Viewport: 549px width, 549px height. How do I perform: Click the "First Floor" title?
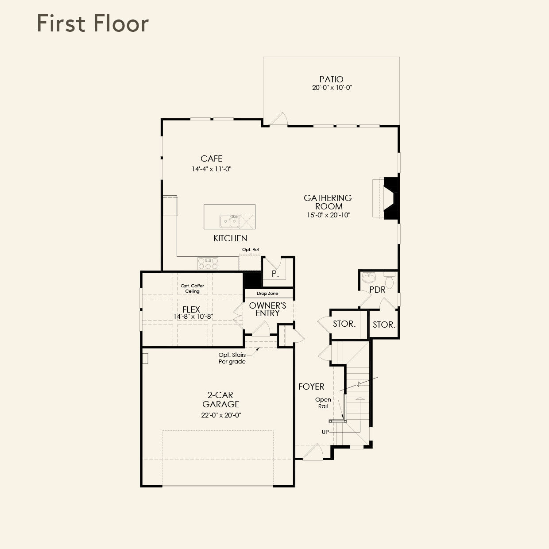click(x=93, y=23)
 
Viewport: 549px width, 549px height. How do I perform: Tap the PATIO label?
click(x=331, y=79)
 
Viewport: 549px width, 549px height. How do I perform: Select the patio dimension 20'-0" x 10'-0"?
click(x=332, y=88)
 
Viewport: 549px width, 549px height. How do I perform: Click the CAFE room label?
click(x=211, y=159)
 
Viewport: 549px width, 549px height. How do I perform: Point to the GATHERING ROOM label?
click(x=328, y=202)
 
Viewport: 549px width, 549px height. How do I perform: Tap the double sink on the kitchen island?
click(x=229, y=220)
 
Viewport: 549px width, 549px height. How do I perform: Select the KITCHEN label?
click(x=230, y=238)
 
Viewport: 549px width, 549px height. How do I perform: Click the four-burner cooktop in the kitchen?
click(x=208, y=263)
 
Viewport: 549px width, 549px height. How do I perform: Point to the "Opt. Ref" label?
click(x=251, y=250)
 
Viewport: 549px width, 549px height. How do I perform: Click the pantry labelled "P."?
click(x=275, y=274)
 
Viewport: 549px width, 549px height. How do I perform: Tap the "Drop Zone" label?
click(x=267, y=294)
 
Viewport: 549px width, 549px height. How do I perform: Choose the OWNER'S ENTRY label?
click(x=267, y=309)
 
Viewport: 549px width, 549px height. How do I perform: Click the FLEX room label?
click(x=191, y=309)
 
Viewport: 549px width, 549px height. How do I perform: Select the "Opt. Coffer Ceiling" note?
click(x=193, y=288)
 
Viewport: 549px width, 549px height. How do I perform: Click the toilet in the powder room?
click(x=389, y=281)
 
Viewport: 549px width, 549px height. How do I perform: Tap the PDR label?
click(x=377, y=290)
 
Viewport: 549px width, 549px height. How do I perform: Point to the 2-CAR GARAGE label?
click(x=220, y=399)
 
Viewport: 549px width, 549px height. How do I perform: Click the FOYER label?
click(x=311, y=387)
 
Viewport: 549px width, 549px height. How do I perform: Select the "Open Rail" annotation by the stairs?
click(x=323, y=403)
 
